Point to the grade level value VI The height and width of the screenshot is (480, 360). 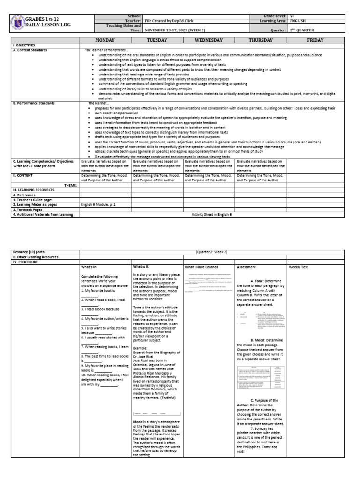click(292, 16)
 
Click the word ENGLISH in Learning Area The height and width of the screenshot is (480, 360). click(298, 21)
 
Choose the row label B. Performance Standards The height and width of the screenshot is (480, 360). click(34, 103)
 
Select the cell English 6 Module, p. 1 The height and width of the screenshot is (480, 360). click(98, 205)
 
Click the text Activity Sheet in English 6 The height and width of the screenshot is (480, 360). click(211, 214)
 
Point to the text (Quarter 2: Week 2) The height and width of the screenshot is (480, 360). click(211, 252)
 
